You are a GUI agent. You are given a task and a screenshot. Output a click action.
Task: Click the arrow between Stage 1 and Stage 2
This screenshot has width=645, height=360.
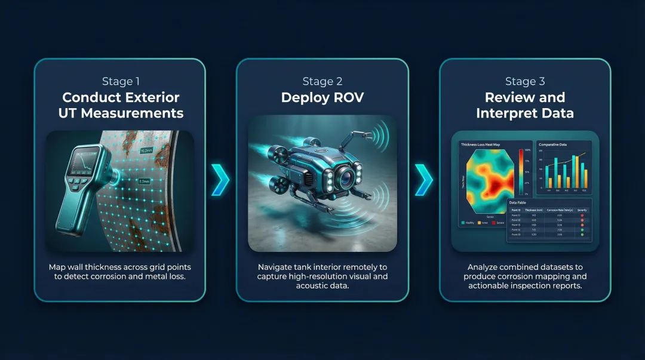(x=220, y=180)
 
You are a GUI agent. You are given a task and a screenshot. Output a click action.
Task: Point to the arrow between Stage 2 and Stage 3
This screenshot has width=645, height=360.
(x=423, y=180)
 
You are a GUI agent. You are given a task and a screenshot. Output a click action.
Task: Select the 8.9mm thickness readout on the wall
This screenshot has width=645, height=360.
(x=144, y=181)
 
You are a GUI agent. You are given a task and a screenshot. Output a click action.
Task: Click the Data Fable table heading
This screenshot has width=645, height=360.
(x=518, y=202)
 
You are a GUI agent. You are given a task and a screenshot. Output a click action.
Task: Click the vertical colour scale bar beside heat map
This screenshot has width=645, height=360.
(x=521, y=173)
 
